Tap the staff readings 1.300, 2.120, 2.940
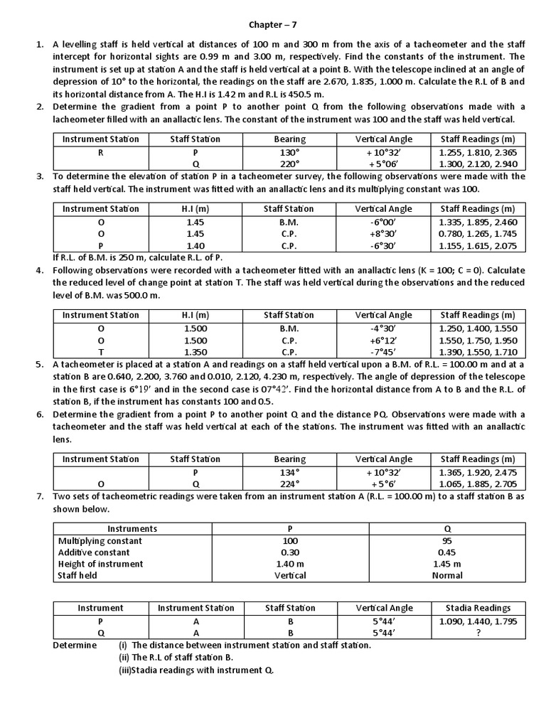pos(478,164)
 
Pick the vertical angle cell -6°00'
pos(384,223)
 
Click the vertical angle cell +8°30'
pos(384,234)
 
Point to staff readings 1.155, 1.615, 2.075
pos(478,245)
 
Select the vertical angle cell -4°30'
pos(384,328)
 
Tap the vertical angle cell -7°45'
pos(384,351)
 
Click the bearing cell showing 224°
pos(289,483)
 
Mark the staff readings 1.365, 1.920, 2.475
pos(478,471)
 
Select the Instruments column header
pos(132,529)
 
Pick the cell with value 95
pos(447,541)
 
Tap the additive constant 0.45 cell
pos(447,552)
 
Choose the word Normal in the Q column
pos(447,575)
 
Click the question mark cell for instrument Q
pos(478,632)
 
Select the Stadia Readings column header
pos(478,608)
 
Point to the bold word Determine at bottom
pos(75,645)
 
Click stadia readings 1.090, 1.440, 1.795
pos(478,621)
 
